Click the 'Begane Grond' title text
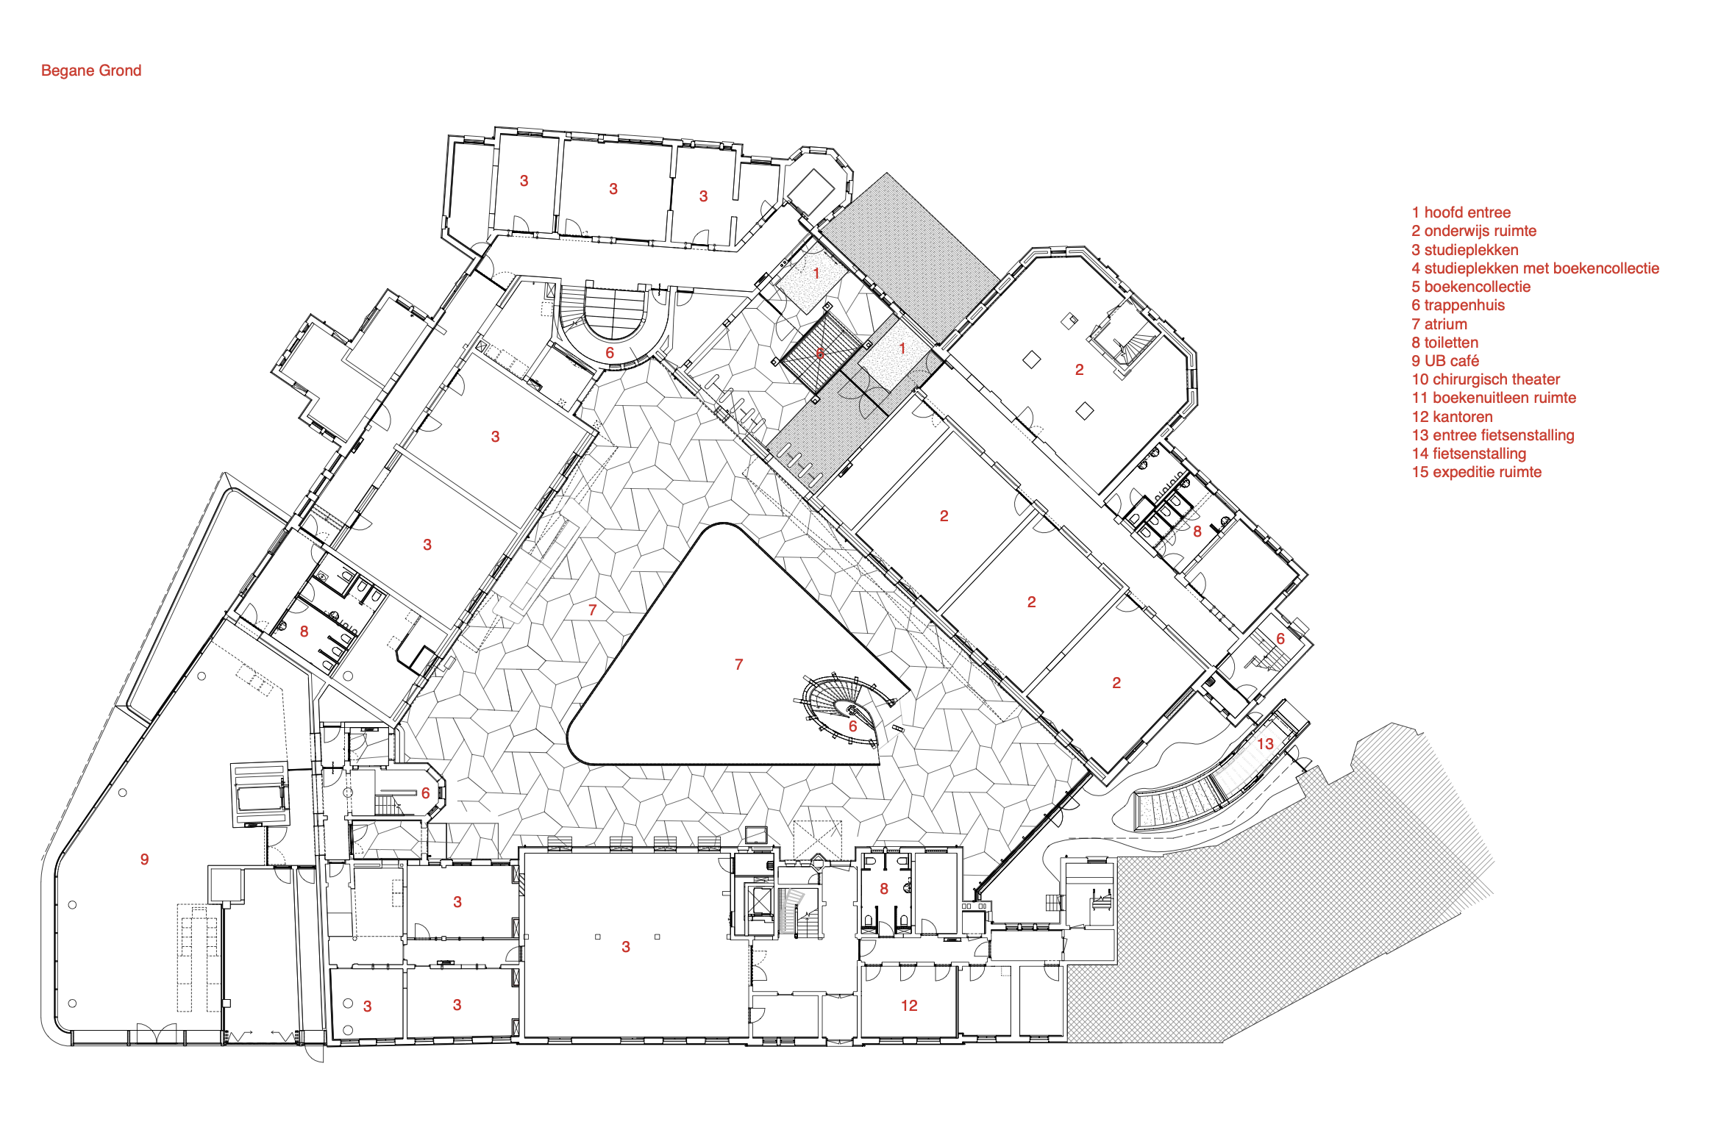click(91, 71)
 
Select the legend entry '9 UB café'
click(1444, 361)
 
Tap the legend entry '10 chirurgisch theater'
click(1486, 379)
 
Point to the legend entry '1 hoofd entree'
click(1461, 212)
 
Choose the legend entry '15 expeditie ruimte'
click(1476, 472)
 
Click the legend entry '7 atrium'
click(1439, 324)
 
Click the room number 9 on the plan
click(144, 859)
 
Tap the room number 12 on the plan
click(909, 1006)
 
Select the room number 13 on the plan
click(1265, 744)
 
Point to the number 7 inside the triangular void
click(738, 665)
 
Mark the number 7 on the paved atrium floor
click(592, 610)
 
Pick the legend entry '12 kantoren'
click(1452, 417)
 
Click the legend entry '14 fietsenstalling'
click(1469, 454)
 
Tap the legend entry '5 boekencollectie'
click(1470, 287)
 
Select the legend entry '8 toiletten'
click(1444, 343)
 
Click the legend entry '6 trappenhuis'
click(1458, 305)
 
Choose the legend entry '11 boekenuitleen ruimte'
click(1494, 398)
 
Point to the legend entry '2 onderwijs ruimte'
click(1473, 231)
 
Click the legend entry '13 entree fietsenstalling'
click(1493, 435)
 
